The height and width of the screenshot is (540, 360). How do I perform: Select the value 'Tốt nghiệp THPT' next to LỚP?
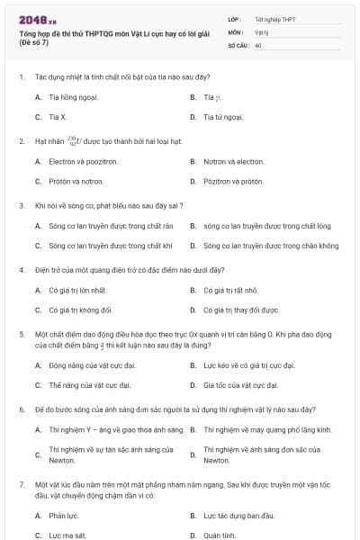click(x=274, y=19)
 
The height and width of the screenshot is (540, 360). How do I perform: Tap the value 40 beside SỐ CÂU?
click(x=258, y=44)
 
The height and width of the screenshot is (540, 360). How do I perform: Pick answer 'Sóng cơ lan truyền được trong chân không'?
click(x=271, y=245)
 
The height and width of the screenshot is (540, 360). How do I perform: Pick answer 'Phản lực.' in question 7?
click(x=64, y=516)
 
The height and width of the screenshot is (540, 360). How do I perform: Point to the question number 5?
click(x=21, y=333)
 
